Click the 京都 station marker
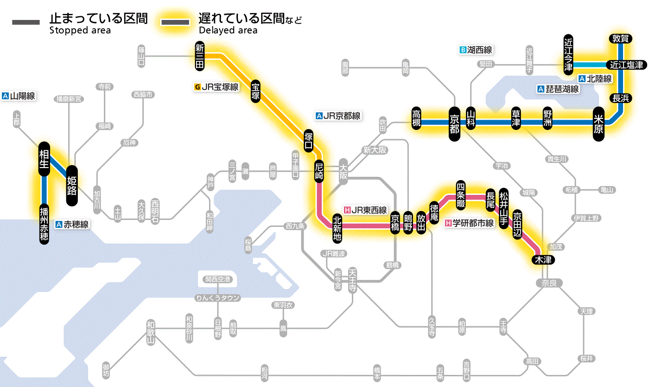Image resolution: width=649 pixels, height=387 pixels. [454, 123]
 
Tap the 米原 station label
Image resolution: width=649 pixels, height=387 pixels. [599, 123]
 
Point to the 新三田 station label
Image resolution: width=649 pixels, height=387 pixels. [200, 56]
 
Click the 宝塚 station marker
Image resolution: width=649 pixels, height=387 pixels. [256, 91]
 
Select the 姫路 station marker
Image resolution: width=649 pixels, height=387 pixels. [72, 186]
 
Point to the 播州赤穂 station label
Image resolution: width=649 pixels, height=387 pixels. [44, 223]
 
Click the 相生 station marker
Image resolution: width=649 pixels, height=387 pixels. [44, 159]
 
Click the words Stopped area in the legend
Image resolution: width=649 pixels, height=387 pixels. [80, 31]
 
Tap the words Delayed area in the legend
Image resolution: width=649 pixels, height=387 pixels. [228, 31]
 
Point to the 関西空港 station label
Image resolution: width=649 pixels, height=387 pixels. [218, 279]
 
